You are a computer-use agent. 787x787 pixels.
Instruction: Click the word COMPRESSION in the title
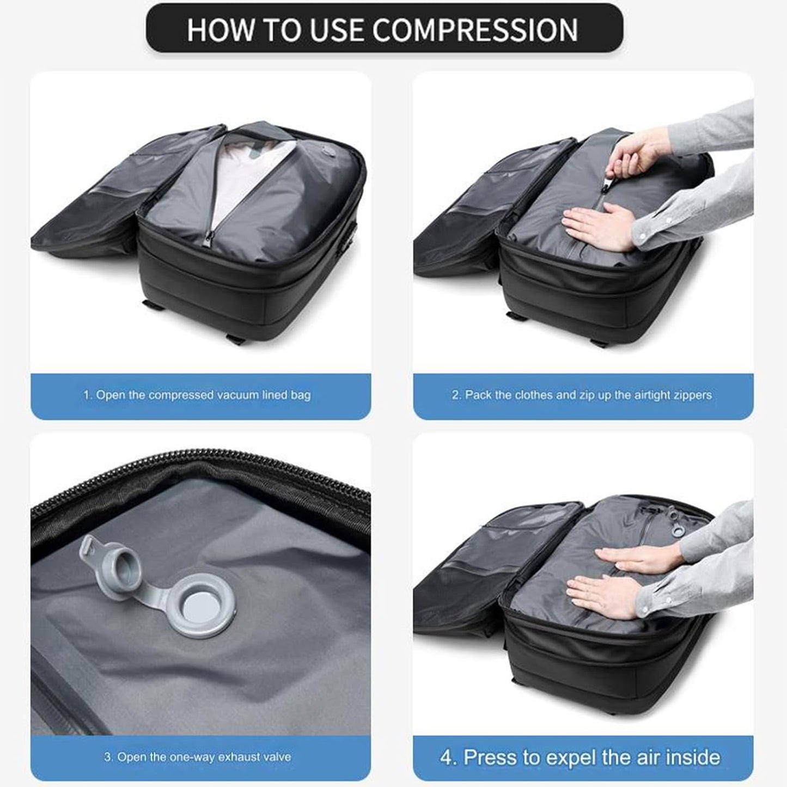click(x=475, y=30)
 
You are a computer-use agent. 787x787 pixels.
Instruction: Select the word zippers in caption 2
click(x=693, y=395)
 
